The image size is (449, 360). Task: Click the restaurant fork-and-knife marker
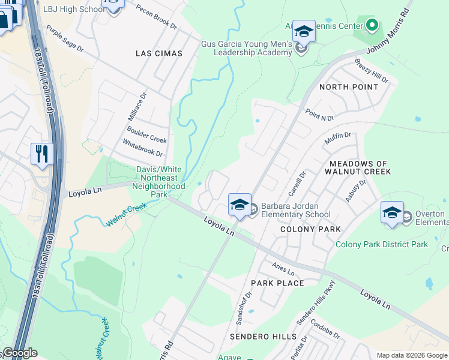(42, 154)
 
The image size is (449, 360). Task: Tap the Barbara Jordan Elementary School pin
(239, 205)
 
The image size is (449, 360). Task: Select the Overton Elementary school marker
(392, 213)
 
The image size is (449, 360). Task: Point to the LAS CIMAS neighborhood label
(158, 53)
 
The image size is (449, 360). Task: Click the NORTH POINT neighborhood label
(349, 87)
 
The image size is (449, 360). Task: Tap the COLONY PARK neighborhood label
(311, 229)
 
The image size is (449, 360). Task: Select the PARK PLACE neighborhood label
(277, 283)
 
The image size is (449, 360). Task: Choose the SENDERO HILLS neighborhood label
(267, 337)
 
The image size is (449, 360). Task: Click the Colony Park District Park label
(382, 244)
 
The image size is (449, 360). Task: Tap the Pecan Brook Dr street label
(157, 19)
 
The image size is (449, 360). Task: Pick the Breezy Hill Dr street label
(371, 71)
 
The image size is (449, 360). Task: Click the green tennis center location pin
(372, 25)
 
